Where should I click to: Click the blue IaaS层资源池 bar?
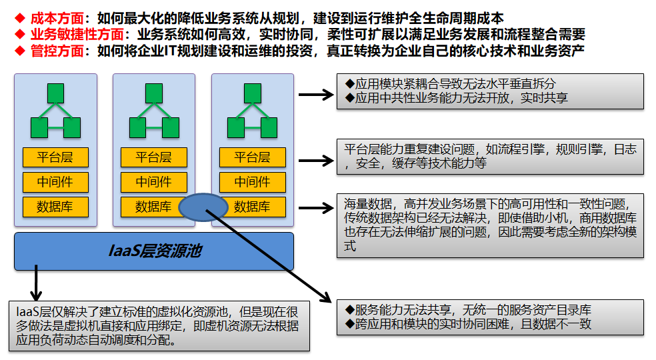[x=154, y=251]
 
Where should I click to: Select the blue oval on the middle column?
[x=203, y=207]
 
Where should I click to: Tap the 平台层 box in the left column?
[x=55, y=157]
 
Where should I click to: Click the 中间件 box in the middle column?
[x=154, y=182]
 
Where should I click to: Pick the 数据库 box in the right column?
[x=253, y=207]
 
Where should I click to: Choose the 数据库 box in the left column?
[x=55, y=207]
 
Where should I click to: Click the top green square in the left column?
[x=55, y=93]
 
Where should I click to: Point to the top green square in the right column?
[x=253, y=93]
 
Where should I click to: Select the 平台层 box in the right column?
[x=253, y=157]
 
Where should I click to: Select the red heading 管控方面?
[x=55, y=50]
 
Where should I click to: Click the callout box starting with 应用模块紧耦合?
[x=490, y=91]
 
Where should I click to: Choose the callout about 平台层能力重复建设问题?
[x=490, y=157]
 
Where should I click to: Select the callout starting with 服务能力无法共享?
[x=490, y=317]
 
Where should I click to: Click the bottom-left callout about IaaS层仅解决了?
[x=159, y=325]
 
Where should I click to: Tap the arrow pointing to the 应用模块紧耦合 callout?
[x=315, y=95]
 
